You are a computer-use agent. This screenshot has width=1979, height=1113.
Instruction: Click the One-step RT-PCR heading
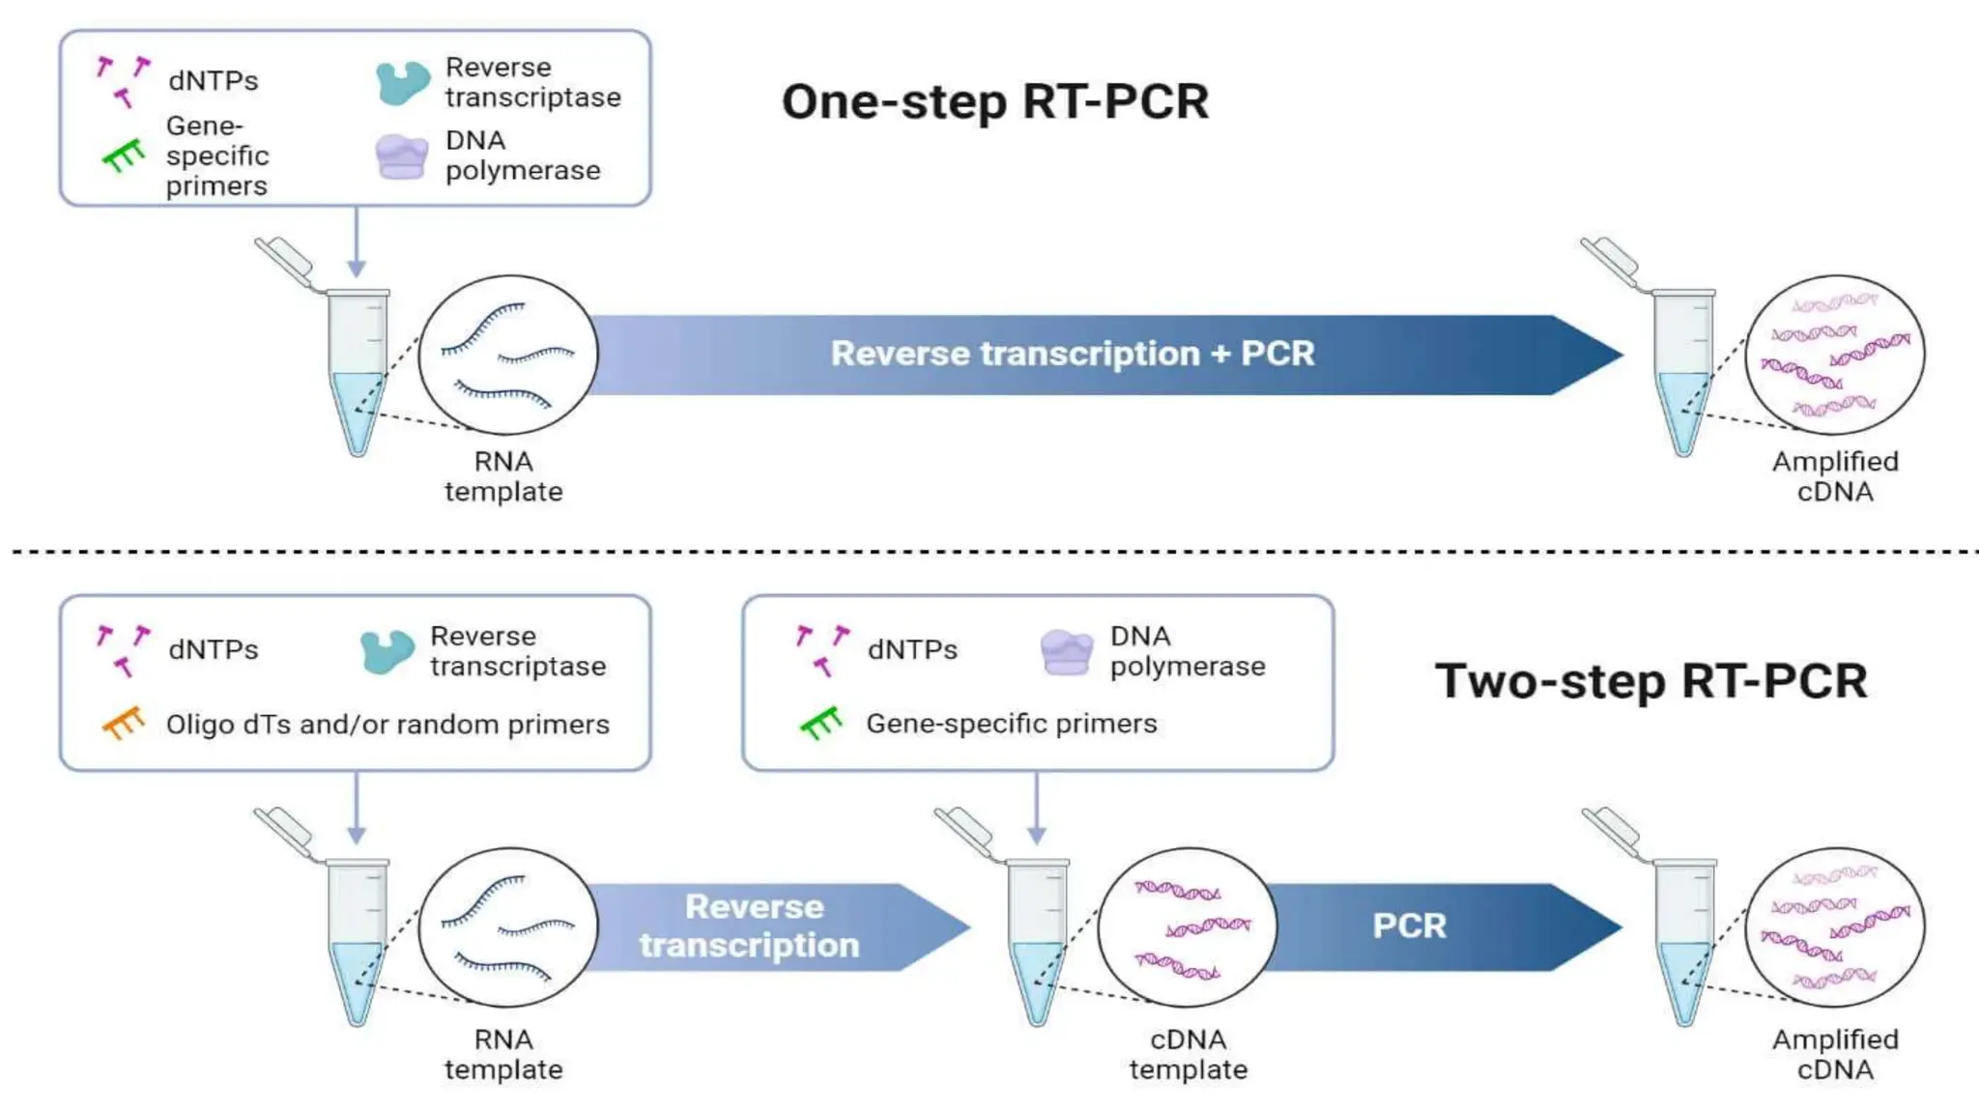click(994, 101)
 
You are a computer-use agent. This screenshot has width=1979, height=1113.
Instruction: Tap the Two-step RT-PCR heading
click(1650, 681)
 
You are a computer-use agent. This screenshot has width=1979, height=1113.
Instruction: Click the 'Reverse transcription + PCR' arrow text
click(1072, 354)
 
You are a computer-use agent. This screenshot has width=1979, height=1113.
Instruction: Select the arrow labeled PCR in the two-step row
click(1430, 926)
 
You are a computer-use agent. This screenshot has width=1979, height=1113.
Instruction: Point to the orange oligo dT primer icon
click(124, 723)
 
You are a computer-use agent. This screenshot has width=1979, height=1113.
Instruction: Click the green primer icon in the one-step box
click(124, 155)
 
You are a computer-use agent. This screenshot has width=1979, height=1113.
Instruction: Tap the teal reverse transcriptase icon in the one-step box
click(402, 82)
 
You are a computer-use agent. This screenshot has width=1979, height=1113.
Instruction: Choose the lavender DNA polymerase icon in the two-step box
click(1067, 651)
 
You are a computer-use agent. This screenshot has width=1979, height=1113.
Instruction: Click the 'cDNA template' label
click(1188, 1054)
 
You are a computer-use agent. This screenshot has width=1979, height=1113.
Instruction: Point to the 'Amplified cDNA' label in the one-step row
click(1834, 476)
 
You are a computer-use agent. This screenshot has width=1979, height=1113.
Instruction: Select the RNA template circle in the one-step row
click(508, 355)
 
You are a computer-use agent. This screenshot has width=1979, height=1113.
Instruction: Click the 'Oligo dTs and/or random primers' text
click(387, 725)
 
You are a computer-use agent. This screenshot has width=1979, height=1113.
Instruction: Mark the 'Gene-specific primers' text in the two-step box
click(1011, 724)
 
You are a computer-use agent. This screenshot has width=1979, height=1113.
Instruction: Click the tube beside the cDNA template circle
click(1038, 942)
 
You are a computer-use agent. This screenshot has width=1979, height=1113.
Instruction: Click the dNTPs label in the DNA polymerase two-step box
click(912, 649)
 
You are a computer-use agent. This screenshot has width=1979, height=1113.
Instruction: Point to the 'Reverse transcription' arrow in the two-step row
click(763, 927)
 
